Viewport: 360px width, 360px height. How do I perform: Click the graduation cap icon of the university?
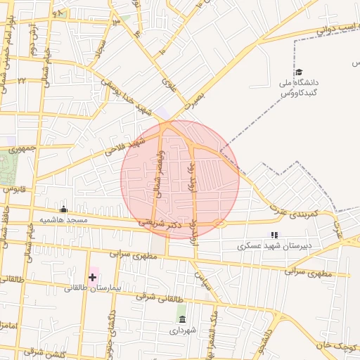click(298, 72)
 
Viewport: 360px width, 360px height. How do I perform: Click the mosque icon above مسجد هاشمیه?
click(64, 209)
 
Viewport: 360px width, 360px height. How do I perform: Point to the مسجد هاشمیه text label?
click(64, 220)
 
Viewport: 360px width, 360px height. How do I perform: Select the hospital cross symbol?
click(92, 278)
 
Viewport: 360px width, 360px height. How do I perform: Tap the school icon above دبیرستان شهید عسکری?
click(274, 236)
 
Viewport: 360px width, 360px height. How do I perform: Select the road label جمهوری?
click(22, 149)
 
